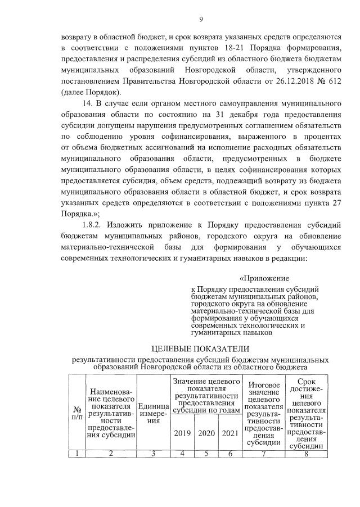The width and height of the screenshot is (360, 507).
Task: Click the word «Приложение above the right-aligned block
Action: pyautogui.click(x=264, y=278)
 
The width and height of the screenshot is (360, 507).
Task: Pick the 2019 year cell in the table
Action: pyautogui.click(x=183, y=433)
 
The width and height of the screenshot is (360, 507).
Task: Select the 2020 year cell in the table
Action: pyautogui.click(x=207, y=433)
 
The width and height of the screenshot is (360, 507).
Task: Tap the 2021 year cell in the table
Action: pyautogui.click(x=230, y=433)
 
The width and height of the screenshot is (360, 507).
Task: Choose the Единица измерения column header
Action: pyautogui.click(x=153, y=414)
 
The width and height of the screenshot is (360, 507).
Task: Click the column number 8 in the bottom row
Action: pyautogui.click(x=306, y=454)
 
